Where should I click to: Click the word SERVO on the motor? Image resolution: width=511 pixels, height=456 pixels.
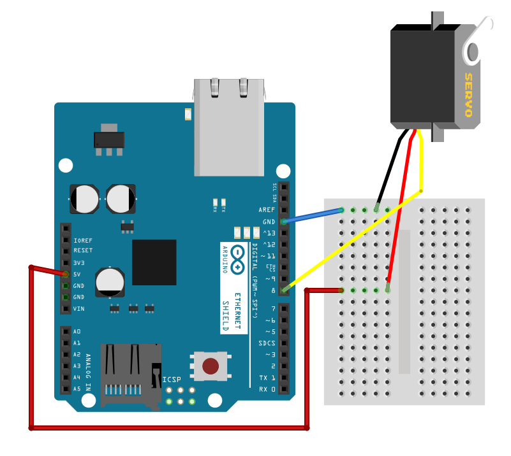(468, 95)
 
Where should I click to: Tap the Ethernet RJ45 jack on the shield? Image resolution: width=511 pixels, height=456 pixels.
(229, 127)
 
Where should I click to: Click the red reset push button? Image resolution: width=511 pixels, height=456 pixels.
(211, 366)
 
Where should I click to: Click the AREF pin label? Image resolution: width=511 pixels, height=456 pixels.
(267, 210)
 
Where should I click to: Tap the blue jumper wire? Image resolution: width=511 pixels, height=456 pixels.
(313, 216)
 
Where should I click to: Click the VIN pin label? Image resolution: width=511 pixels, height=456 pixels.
(79, 309)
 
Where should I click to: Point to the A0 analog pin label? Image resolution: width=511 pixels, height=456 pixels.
(77, 332)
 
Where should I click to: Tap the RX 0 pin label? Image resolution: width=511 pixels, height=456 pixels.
(268, 389)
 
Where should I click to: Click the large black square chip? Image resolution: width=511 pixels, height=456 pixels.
(154, 262)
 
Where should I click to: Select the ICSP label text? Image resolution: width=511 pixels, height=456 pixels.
(172, 380)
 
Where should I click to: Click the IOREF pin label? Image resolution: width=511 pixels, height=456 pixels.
(83, 241)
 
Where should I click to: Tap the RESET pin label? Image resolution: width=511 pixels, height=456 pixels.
(83, 252)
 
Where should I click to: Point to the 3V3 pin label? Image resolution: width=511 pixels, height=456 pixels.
(79, 263)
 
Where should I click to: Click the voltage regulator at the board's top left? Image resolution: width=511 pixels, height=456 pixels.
(109, 139)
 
